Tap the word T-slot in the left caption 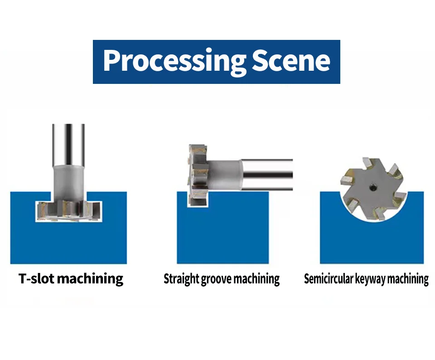click(x=37, y=278)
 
